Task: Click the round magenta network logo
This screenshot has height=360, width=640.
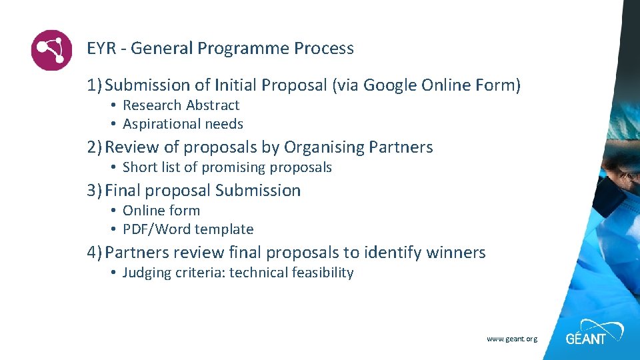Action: [x=51, y=50]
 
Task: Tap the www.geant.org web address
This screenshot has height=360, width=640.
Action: [x=511, y=339]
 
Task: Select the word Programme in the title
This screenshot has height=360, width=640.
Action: [x=243, y=49]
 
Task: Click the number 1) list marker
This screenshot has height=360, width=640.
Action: [x=94, y=85]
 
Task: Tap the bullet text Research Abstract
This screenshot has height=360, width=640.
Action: [x=181, y=105]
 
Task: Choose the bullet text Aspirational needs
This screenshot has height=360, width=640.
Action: [x=183, y=124]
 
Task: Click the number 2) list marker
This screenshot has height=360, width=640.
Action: [x=94, y=147]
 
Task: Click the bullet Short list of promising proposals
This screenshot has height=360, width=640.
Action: [x=227, y=167]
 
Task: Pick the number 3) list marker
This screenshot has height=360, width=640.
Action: [x=94, y=191]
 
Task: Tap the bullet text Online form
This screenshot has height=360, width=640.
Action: [x=161, y=211]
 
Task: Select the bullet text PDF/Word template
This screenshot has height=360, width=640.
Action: [x=188, y=229]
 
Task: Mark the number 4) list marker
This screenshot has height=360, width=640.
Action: [x=94, y=253]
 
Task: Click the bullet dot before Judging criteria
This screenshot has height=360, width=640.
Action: [x=114, y=273]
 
